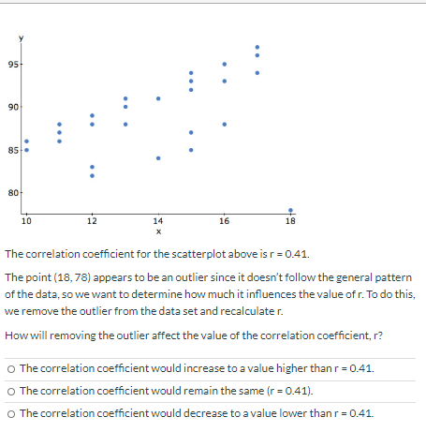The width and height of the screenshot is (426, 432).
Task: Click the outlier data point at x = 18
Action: (x=291, y=211)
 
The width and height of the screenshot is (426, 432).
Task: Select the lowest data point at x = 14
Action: (x=158, y=157)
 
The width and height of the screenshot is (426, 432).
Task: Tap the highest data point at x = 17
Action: (x=258, y=47)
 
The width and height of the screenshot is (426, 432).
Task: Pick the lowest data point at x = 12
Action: (x=92, y=175)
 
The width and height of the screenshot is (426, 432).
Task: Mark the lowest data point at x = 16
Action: (x=225, y=124)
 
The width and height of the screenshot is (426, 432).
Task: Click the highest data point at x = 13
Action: (x=125, y=98)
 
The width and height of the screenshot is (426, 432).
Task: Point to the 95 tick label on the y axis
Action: (x=12, y=64)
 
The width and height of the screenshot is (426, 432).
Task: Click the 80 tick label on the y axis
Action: (x=12, y=193)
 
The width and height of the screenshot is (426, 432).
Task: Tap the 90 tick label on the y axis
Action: (x=12, y=107)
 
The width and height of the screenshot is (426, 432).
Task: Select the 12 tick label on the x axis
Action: (x=92, y=222)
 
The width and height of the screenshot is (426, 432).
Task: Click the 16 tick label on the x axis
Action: (x=225, y=222)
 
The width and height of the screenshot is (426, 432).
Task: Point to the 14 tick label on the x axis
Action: (x=158, y=222)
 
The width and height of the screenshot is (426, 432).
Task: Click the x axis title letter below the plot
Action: (x=158, y=231)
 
